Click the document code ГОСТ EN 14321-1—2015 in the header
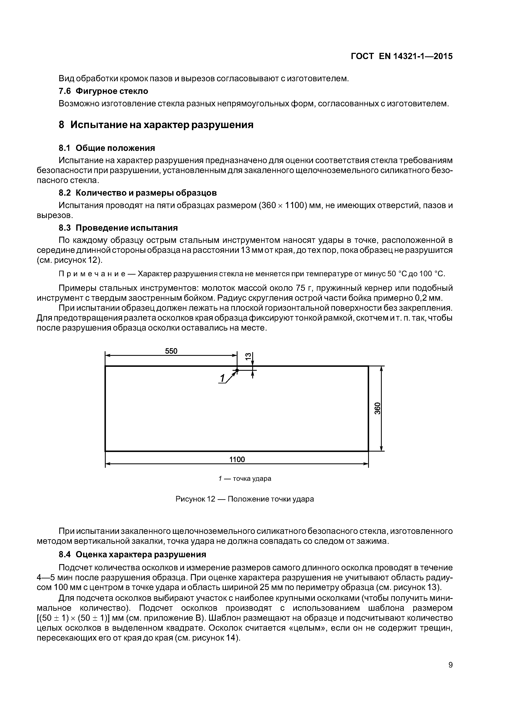click(402, 56)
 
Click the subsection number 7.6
click(65, 91)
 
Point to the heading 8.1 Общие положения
click(107, 148)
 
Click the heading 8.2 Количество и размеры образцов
click(138, 193)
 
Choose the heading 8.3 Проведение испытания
click(118, 228)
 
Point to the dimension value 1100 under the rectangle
click(237, 459)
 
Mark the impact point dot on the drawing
click(237, 370)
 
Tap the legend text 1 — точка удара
click(245, 479)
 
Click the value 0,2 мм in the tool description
click(428, 298)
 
